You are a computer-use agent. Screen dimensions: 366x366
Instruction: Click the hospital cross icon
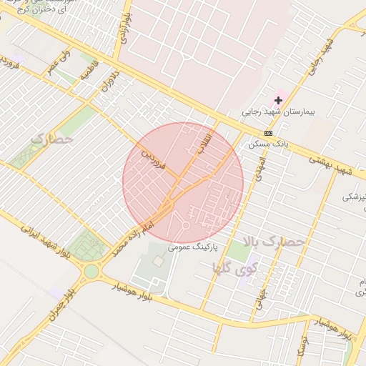278,101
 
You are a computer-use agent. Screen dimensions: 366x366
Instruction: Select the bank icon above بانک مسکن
268,133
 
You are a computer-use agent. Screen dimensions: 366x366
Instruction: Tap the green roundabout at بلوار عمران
91,271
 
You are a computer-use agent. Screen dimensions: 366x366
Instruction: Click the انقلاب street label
204,143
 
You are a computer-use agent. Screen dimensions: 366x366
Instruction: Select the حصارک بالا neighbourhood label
274,242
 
